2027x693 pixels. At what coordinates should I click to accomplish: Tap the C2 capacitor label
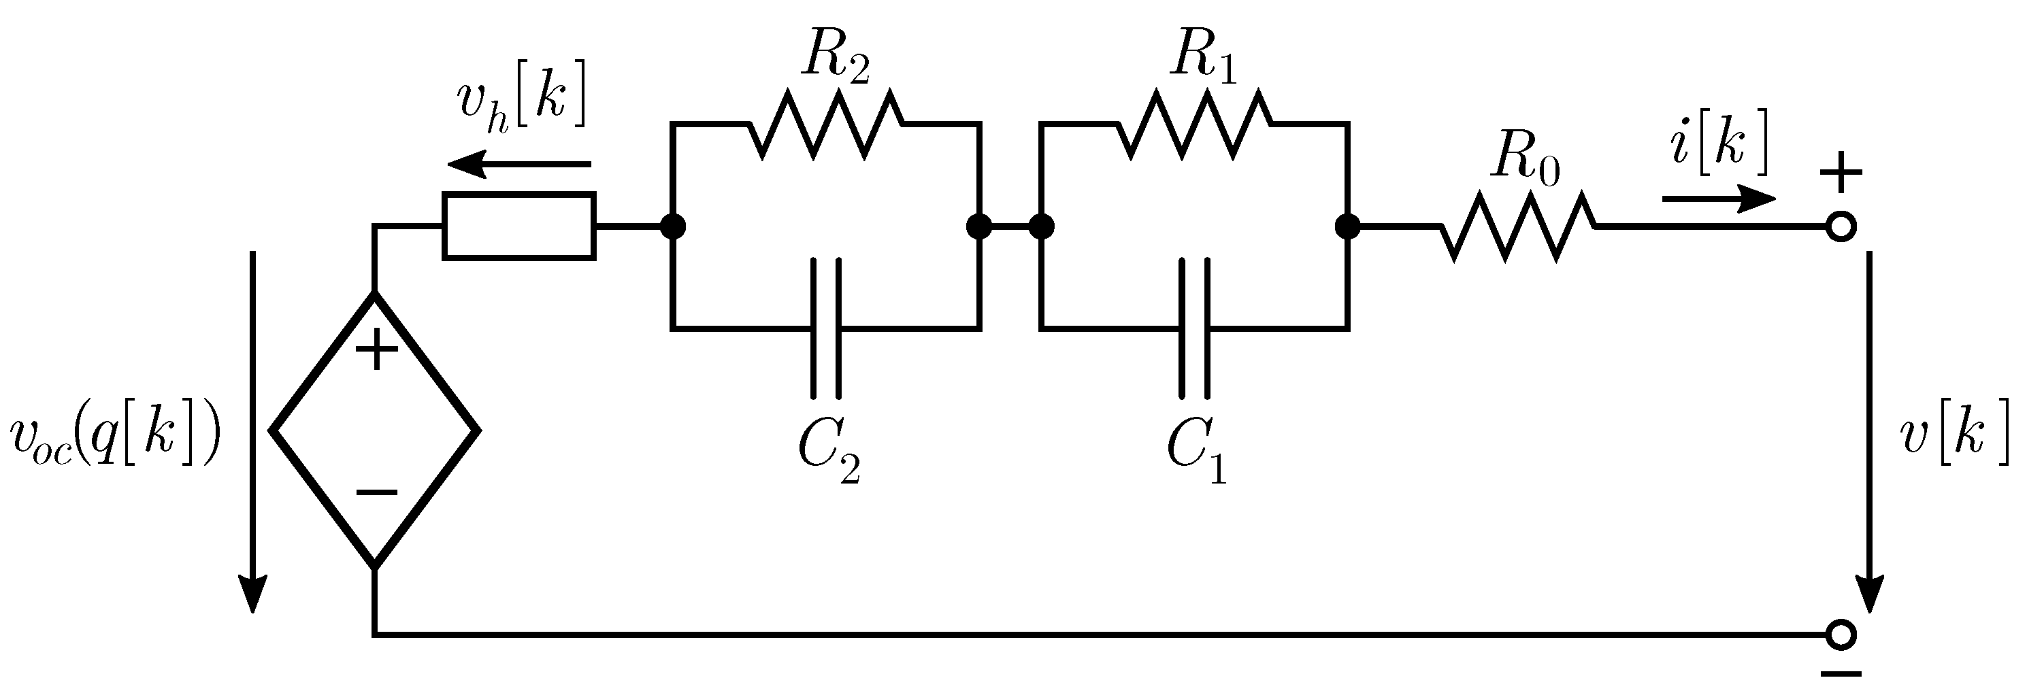(828, 451)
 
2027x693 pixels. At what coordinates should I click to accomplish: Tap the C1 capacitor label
(1196, 451)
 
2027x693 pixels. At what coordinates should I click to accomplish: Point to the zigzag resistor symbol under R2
(826, 124)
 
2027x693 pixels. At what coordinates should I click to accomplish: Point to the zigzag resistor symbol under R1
(1194, 124)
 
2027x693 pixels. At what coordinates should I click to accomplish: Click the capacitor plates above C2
(826, 327)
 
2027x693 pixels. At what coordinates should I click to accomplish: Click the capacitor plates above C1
(1194, 327)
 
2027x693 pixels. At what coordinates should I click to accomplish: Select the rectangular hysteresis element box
(519, 226)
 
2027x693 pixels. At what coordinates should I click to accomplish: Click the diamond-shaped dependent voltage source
(374, 430)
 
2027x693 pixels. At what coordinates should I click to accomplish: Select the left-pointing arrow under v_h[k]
(519, 165)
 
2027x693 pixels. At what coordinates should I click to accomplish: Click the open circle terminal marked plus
(1841, 227)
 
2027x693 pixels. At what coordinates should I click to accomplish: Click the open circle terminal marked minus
(1841, 634)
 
